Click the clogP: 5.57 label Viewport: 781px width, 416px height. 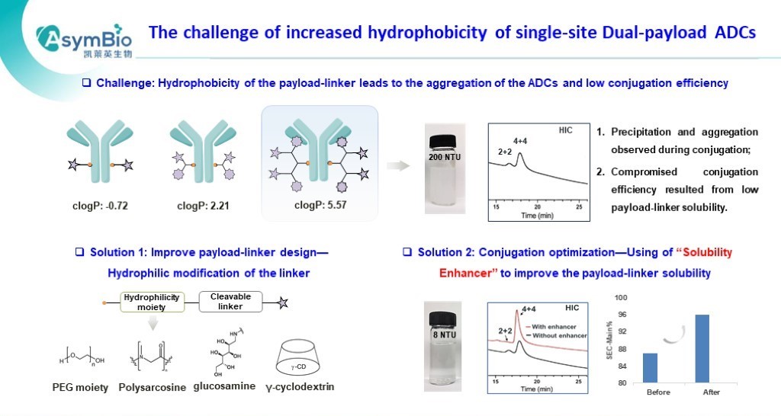[x=319, y=205]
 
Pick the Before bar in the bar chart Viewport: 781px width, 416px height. [x=650, y=367]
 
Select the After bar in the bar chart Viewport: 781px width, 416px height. [x=702, y=348]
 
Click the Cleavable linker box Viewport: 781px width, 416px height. [x=230, y=302]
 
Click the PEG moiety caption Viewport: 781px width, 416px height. [x=75, y=388]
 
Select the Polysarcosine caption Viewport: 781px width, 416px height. [x=153, y=388]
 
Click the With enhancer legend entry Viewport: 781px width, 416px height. [x=558, y=326]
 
